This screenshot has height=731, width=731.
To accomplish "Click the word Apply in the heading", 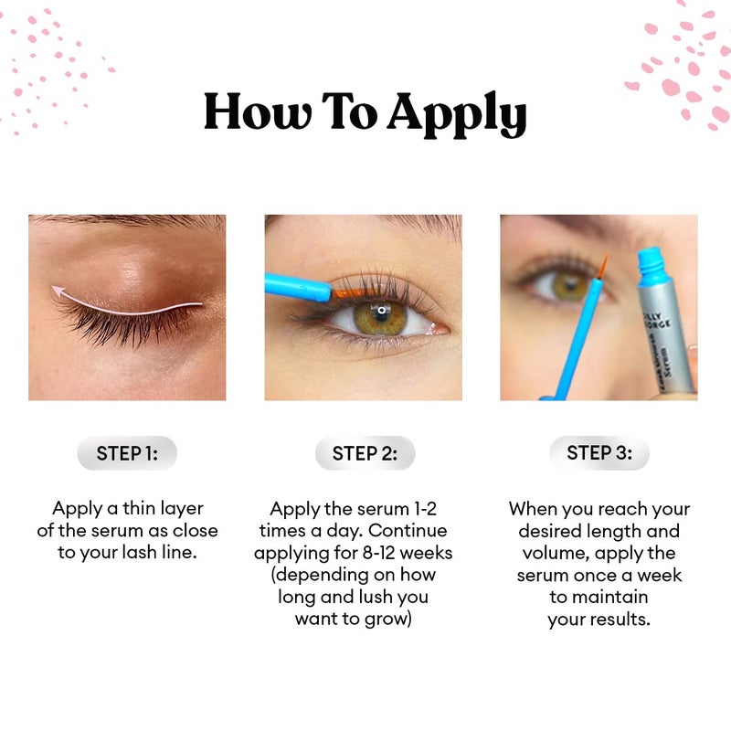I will (x=456, y=116).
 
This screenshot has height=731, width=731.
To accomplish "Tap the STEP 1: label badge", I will (x=127, y=453).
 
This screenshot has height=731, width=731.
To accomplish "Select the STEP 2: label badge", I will (x=365, y=453).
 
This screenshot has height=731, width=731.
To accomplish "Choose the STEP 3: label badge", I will (x=599, y=453).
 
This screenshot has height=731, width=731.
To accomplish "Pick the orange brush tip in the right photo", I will (x=603, y=266).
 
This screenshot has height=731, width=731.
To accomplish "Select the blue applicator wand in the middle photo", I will (x=297, y=287).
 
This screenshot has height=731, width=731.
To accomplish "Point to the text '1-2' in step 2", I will (x=425, y=509).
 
